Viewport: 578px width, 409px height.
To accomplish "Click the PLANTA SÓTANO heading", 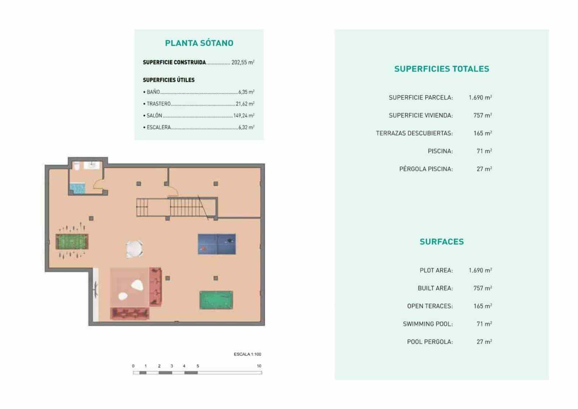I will (x=199, y=43).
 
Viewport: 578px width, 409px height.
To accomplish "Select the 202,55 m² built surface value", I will (x=243, y=62).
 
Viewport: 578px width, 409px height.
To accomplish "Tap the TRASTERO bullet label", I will (x=159, y=104).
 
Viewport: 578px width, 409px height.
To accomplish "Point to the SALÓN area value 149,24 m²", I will (x=244, y=116).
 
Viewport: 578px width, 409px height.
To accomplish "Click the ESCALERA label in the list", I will (x=159, y=127).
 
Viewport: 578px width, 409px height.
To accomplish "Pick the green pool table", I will (x=216, y=300).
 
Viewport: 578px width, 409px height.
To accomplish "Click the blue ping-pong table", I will (x=217, y=244).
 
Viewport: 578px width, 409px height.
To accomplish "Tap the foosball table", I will (x=72, y=242).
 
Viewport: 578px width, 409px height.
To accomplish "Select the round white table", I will (x=134, y=249).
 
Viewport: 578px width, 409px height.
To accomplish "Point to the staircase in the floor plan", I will (x=177, y=207).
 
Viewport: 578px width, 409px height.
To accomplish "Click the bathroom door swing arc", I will (x=98, y=184).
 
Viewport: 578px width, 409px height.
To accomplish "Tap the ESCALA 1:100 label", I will (x=247, y=354).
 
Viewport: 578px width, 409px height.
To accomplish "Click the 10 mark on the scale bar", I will (x=259, y=366).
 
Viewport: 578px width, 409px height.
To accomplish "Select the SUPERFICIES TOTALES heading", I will (x=441, y=69).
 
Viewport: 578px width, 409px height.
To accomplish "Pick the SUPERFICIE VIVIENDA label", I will (x=420, y=115).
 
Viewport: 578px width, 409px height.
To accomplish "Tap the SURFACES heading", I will (x=441, y=242).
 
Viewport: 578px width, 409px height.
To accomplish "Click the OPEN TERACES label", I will (x=430, y=306).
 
